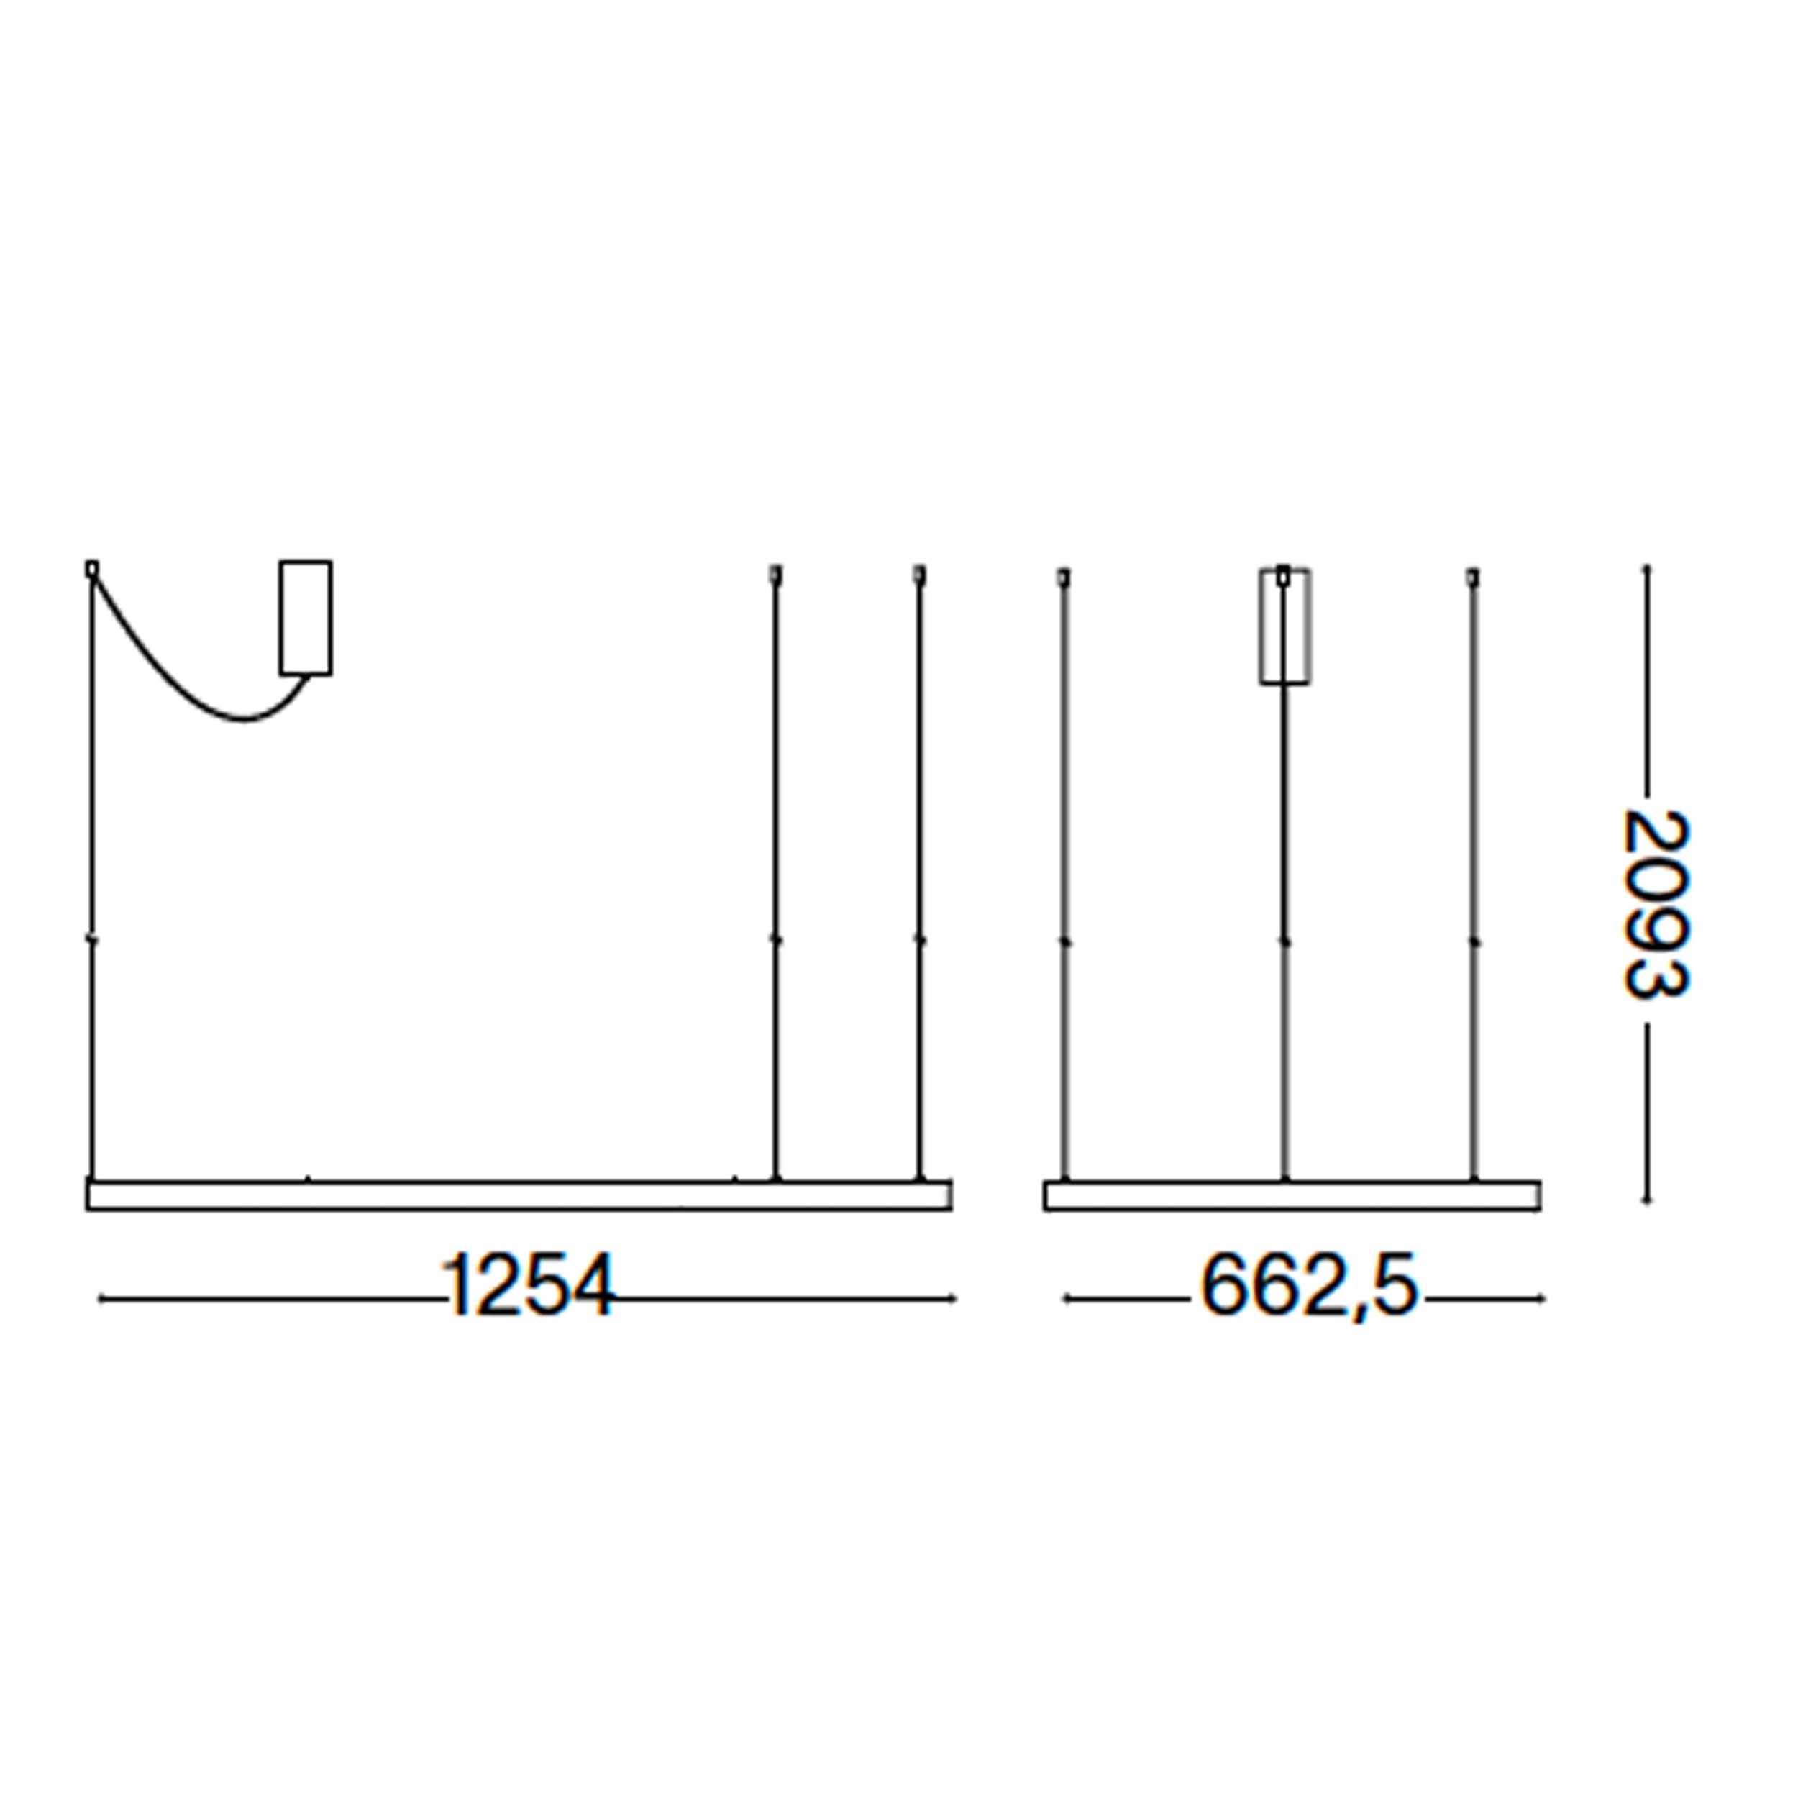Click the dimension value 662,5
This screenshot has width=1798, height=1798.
pos(1308,1285)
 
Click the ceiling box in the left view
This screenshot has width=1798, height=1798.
pos(305,617)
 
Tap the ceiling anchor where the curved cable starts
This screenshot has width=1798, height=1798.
pos(91,567)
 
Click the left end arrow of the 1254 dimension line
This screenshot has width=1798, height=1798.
pos(101,1298)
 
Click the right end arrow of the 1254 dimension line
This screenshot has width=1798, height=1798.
pos(954,1298)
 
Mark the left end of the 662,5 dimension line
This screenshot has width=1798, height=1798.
pos(1066,1298)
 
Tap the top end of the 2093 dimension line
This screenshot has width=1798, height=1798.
pos(1646,567)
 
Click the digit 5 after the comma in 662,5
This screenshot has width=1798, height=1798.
pos(1394,1285)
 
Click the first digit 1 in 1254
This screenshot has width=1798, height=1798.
pos(458,1285)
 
